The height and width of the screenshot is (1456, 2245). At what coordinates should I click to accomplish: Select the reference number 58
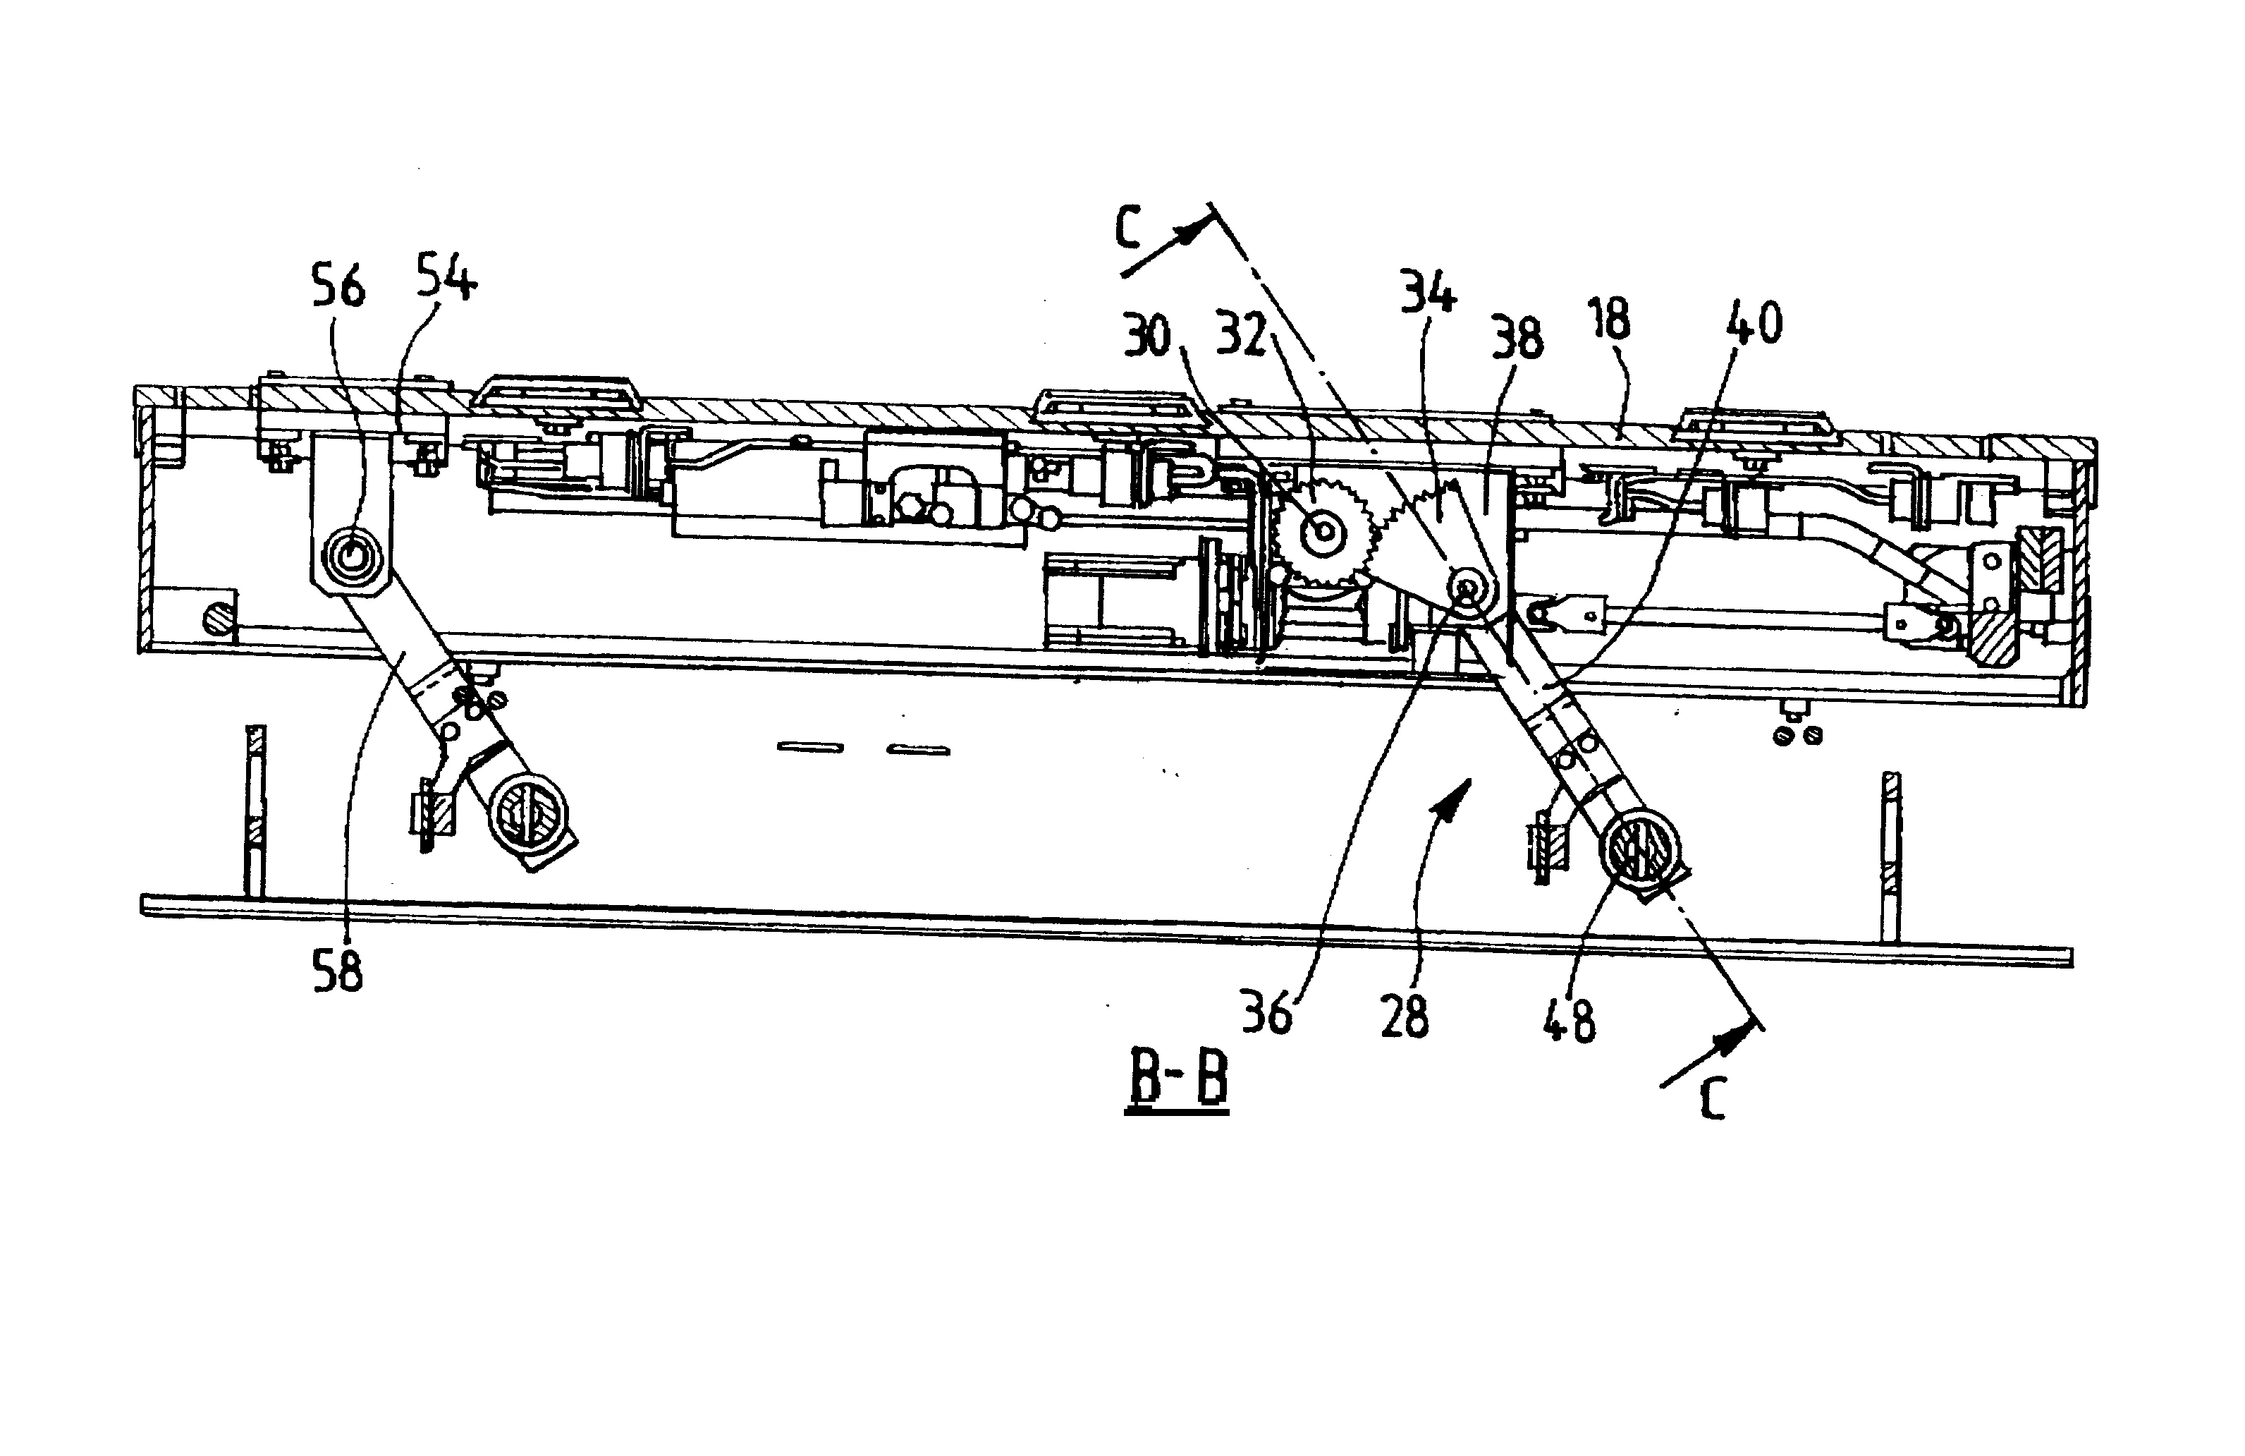point(338,972)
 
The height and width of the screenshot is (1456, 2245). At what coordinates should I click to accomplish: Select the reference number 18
point(1609,319)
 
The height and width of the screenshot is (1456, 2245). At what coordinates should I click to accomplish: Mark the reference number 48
point(1569,1020)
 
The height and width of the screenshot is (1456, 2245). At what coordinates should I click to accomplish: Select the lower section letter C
point(1712,1101)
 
